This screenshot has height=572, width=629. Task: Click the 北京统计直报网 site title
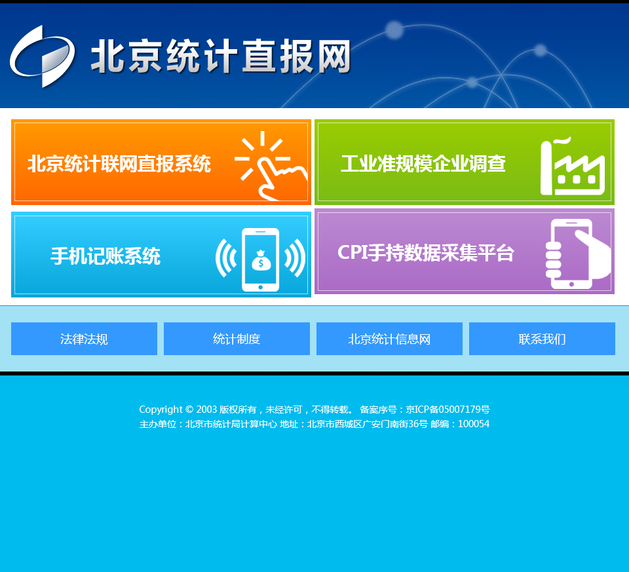pyautogui.click(x=221, y=56)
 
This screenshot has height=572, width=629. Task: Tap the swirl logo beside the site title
pyautogui.click(x=42, y=56)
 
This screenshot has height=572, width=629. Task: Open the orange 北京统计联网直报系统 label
pyautogui.click(x=119, y=164)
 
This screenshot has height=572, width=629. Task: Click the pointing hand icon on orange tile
pyautogui.click(x=271, y=166)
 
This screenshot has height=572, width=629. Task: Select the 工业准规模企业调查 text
pyautogui.click(x=423, y=164)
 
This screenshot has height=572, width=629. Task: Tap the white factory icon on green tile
pyautogui.click(x=573, y=166)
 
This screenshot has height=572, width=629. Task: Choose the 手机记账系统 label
pyautogui.click(x=105, y=256)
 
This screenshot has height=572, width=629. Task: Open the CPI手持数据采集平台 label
pyautogui.click(x=426, y=253)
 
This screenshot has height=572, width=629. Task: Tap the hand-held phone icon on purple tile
pyautogui.click(x=578, y=254)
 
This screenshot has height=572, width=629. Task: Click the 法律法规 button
pyautogui.click(x=85, y=339)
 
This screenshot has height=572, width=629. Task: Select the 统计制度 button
pyautogui.click(x=237, y=339)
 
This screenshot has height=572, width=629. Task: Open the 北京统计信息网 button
pyautogui.click(x=389, y=339)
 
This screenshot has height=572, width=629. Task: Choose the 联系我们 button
pyautogui.click(x=542, y=339)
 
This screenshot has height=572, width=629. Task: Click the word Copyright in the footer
pyautogui.click(x=161, y=410)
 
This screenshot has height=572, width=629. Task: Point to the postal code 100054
pyautogui.click(x=474, y=424)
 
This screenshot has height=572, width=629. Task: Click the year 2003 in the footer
pyautogui.click(x=206, y=410)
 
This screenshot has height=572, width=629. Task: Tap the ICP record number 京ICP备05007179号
pyautogui.click(x=448, y=410)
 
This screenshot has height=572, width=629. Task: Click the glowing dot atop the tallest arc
pyautogui.click(x=394, y=30)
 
